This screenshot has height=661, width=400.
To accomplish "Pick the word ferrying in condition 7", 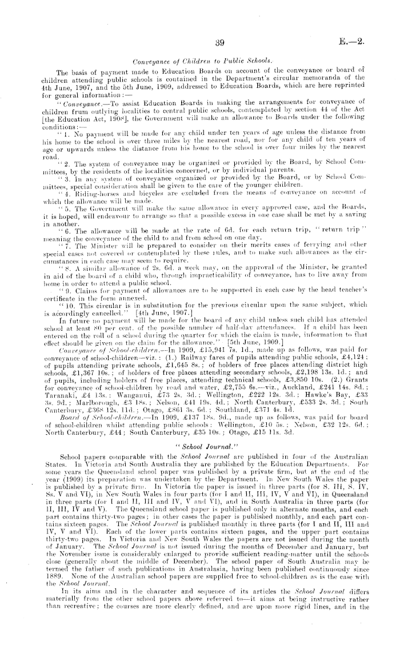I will coord(319,236).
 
